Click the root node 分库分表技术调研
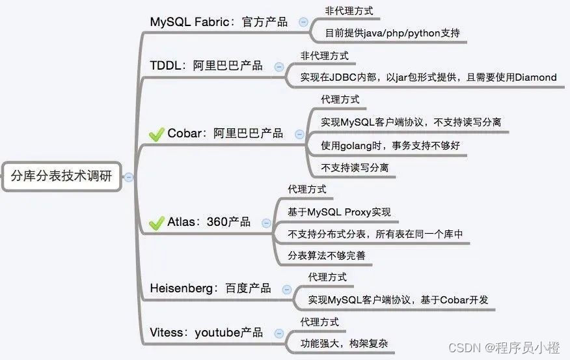[x=62, y=176]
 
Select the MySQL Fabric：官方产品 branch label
[x=219, y=21]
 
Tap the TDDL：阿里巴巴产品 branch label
[x=206, y=65]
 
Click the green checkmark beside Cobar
[x=156, y=134]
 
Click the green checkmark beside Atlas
[x=156, y=223]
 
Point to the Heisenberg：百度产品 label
[x=210, y=288]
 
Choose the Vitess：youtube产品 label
[x=206, y=332]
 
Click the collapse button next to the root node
[x=129, y=176]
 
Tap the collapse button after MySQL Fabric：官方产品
[x=303, y=22]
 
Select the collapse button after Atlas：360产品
[x=266, y=223]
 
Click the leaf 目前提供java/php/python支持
[x=396, y=33]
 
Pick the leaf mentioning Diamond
[x=428, y=77]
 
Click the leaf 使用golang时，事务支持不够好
[x=390, y=145]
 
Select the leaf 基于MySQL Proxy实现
[x=339, y=212]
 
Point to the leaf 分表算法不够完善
[x=327, y=256]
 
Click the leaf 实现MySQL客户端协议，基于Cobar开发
[x=398, y=299]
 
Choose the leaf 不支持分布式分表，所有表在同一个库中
[x=375, y=234]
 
